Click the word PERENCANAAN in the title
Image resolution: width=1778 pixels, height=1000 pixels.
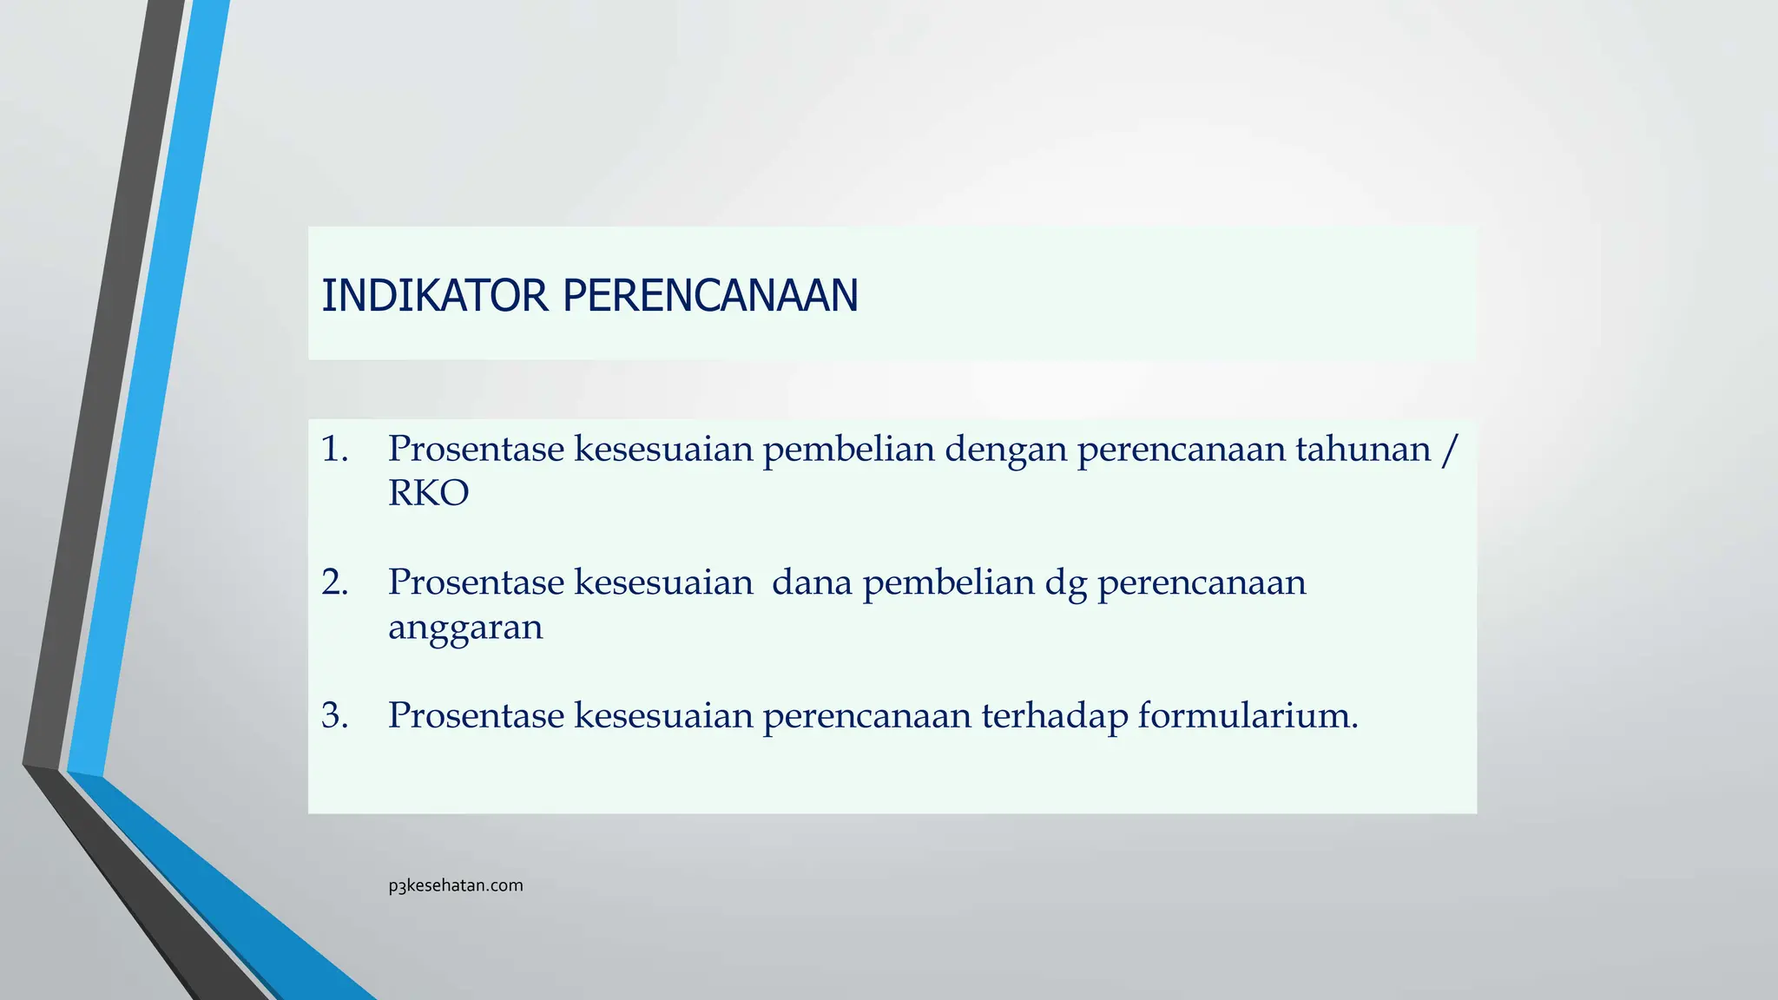710,296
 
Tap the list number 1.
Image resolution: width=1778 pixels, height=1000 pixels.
333,450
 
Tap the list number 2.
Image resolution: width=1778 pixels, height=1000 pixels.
333,582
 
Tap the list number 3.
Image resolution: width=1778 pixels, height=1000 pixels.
333,716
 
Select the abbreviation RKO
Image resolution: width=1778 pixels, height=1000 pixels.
428,494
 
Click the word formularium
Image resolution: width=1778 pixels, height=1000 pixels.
1247,716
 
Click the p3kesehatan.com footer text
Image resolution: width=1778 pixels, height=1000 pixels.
456,885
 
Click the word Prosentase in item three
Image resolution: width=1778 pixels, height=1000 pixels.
476,716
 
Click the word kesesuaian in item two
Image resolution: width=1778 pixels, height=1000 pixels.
663,582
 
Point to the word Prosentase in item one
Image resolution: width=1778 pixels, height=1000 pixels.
476,450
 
